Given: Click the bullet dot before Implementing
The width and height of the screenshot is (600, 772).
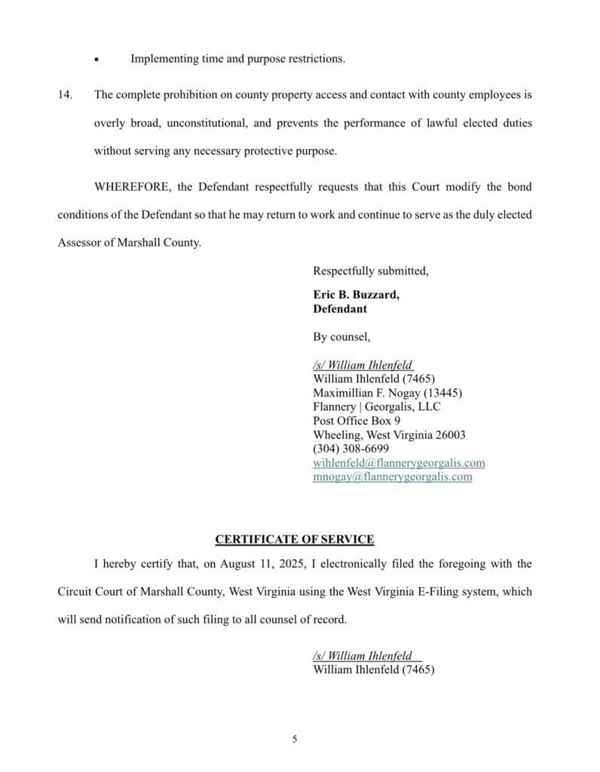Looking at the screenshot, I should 96,60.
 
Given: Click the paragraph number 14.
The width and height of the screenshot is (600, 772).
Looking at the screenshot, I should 65,96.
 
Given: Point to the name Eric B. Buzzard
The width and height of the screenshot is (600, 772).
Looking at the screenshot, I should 356,295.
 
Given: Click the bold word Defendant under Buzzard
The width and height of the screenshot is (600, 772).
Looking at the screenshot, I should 340,308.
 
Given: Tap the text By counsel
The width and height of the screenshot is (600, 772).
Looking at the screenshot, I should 341,337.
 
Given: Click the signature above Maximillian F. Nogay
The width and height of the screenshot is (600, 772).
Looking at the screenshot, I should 363,366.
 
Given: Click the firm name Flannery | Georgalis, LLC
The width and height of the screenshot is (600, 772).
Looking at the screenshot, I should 377,407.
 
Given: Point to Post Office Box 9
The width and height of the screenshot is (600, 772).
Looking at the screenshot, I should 357,421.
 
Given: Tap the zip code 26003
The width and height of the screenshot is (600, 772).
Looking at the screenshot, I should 450,435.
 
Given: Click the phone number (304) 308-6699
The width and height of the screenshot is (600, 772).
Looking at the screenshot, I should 351,449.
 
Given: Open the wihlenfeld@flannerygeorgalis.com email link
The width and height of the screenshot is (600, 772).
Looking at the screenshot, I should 399,463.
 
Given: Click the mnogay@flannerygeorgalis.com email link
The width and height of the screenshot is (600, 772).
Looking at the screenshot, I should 393,476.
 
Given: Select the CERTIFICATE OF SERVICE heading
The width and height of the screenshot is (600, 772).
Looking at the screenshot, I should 294,539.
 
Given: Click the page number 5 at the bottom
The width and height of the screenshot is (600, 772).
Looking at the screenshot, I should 295,740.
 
